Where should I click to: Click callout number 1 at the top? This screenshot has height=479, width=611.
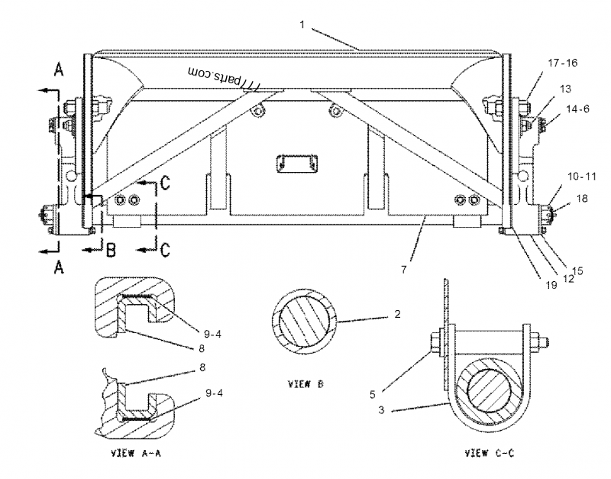click(x=302, y=24)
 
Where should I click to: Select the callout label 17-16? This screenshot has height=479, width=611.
click(x=563, y=63)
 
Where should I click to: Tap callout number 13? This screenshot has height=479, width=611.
click(x=565, y=89)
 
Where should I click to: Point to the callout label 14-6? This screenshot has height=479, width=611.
click(x=577, y=109)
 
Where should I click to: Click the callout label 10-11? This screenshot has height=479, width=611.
click(x=582, y=176)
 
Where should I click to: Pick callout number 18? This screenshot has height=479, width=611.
click(x=582, y=199)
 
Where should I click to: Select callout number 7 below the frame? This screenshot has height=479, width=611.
click(x=404, y=270)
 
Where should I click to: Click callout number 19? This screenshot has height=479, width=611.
click(x=551, y=285)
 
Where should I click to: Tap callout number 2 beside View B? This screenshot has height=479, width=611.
click(x=397, y=314)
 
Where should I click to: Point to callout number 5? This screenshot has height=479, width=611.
click(x=373, y=394)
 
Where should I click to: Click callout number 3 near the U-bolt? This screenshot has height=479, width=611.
click(x=381, y=409)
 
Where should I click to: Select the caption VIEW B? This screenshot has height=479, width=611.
click(x=305, y=384)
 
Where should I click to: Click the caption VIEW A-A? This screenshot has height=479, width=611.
click(x=136, y=453)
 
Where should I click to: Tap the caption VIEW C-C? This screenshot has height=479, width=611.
click(x=490, y=453)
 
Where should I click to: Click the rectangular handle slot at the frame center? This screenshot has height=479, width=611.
click(x=296, y=163)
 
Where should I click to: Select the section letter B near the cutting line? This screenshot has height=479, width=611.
click(x=111, y=250)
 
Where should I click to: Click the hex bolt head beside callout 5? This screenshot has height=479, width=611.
click(x=435, y=342)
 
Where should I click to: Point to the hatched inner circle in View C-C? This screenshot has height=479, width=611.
click(x=489, y=392)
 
